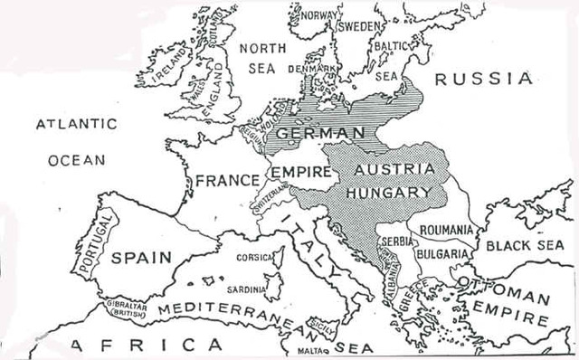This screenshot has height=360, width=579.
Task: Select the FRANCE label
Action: point(228,179)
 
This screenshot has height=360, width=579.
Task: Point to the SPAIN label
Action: point(140,257)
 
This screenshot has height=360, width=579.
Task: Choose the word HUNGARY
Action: point(394,193)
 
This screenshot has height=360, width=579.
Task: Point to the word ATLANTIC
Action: point(77,124)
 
